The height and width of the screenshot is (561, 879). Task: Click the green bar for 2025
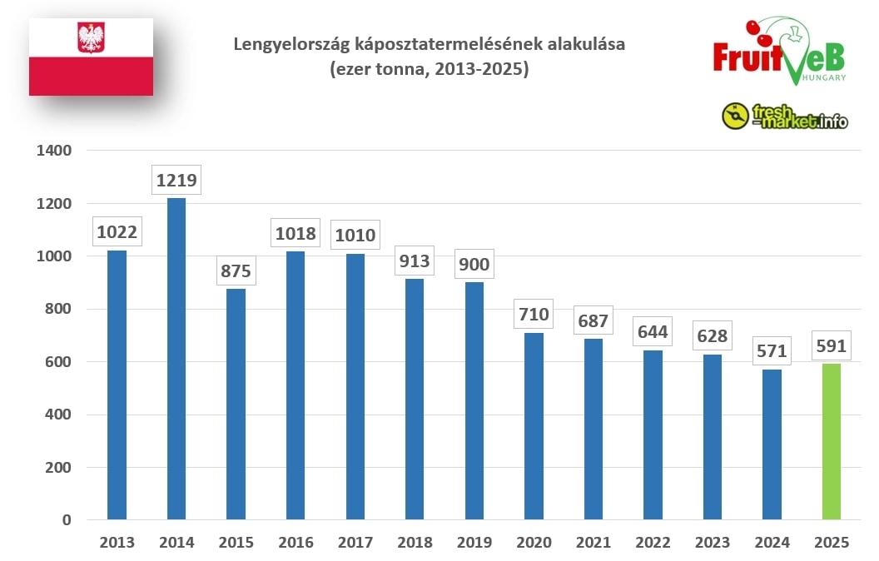click(831, 441)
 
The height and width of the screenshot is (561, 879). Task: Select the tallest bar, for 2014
click(176, 358)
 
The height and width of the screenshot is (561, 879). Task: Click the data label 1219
click(176, 180)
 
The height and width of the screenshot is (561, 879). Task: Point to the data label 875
click(236, 271)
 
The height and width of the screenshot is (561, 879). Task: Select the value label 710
click(534, 315)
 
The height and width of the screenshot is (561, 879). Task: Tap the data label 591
click(831, 345)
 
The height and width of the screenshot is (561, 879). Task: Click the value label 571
click(771, 351)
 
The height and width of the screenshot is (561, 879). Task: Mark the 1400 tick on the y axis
click(55, 151)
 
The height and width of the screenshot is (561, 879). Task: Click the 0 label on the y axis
click(67, 520)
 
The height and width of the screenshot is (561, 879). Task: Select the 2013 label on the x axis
click(117, 543)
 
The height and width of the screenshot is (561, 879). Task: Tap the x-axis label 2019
click(474, 543)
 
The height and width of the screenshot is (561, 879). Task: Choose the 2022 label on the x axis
click(653, 543)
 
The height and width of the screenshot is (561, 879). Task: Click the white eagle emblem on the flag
click(90, 37)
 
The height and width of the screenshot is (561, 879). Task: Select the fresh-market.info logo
click(785, 117)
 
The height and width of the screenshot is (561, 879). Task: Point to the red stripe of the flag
click(91, 76)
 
